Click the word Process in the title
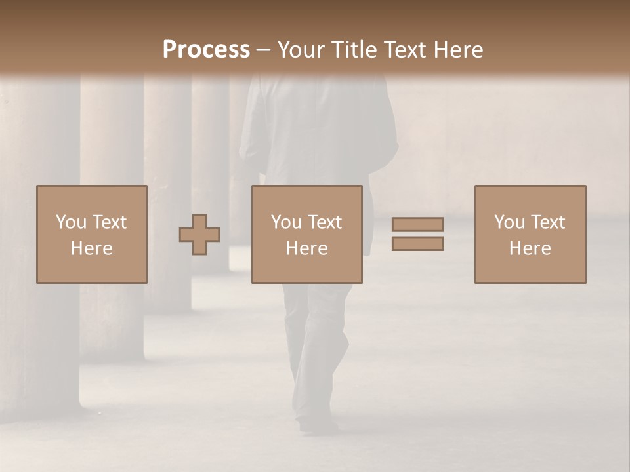(206, 50)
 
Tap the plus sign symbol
(199, 235)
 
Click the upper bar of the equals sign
(417, 224)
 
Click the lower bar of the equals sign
(417, 244)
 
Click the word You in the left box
(70, 222)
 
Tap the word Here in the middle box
(306, 248)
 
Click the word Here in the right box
(530, 248)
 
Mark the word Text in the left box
(109, 222)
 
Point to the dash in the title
(264, 50)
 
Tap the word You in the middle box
(285, 222)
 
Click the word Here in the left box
(91, 248)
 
